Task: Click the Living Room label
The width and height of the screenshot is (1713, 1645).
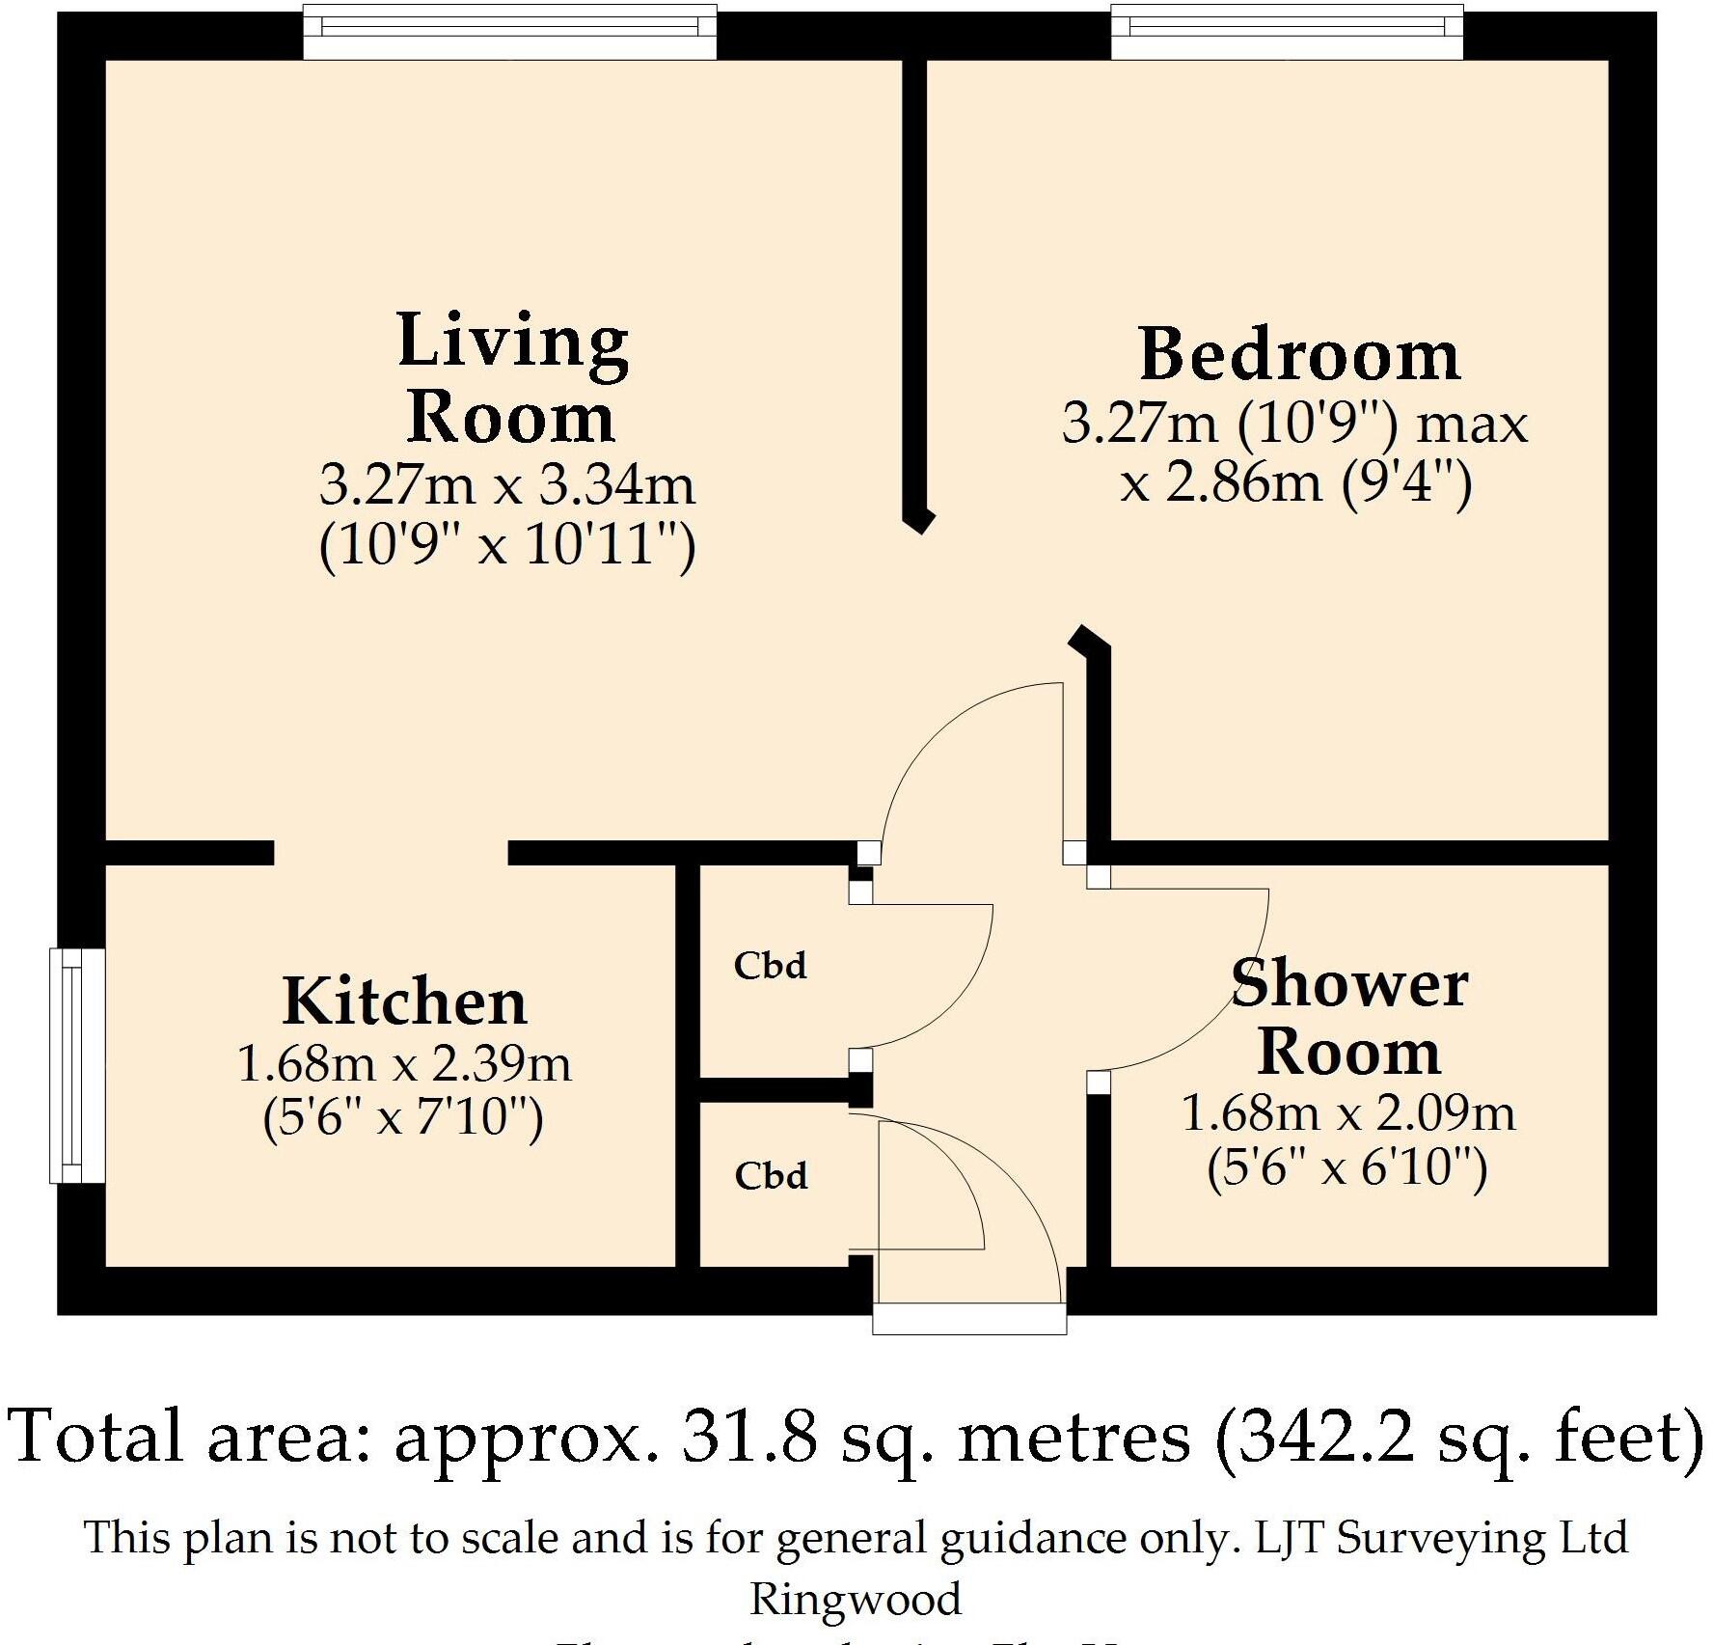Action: (x=511, y=378)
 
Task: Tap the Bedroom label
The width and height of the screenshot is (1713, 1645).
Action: (x=1299, y=355)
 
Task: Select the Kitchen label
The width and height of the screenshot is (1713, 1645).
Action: (x=405, y=1001)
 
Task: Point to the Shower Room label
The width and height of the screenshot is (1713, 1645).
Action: (x=1349, y=1017)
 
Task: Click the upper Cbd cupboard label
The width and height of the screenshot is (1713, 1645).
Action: (x=770, y=966)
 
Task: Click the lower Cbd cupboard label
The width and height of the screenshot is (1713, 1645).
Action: (x=771, y=1176)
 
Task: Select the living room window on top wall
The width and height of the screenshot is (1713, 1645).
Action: (x=509, y=31)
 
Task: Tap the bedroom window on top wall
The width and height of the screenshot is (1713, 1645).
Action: (x=1287, y=31)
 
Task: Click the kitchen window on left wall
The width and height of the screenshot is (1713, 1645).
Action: (x=77, y=1065)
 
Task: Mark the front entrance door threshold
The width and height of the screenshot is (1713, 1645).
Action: (x=969, y=1320)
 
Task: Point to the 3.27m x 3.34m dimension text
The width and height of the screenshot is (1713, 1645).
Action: (x=507, y=485)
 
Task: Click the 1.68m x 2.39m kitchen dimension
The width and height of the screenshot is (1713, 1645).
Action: (x=404, y=1065)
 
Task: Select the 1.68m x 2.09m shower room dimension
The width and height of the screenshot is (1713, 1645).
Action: (x=1348, y=1113)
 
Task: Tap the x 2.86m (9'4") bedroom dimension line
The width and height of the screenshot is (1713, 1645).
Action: (x=1295, y=482)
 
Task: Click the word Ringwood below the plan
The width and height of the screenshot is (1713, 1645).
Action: (x=856, y=1599)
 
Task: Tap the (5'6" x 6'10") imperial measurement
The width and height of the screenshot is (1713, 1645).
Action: (x=1347, y=1169)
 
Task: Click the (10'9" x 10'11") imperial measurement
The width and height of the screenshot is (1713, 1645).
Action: (x=507, y=547)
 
